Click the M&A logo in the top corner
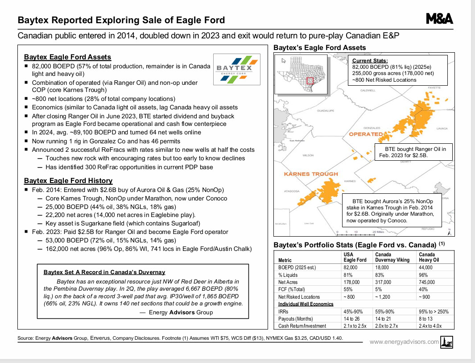pos(439,18)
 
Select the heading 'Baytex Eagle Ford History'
pos(68,181)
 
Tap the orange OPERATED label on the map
pos(366,134)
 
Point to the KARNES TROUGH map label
pos(311,174)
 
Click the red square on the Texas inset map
pos(310,82)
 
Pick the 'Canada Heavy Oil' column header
pos(429,257)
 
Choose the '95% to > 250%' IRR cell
pos(434,312)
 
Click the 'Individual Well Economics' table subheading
pos(306,304)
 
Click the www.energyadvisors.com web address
pos(404,342)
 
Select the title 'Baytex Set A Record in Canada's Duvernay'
pos(104,272)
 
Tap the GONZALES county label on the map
pos(372,128)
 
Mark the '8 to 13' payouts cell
pos(426,319)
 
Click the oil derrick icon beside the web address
pos(446,342)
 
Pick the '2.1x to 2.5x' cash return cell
pos(355,326)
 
